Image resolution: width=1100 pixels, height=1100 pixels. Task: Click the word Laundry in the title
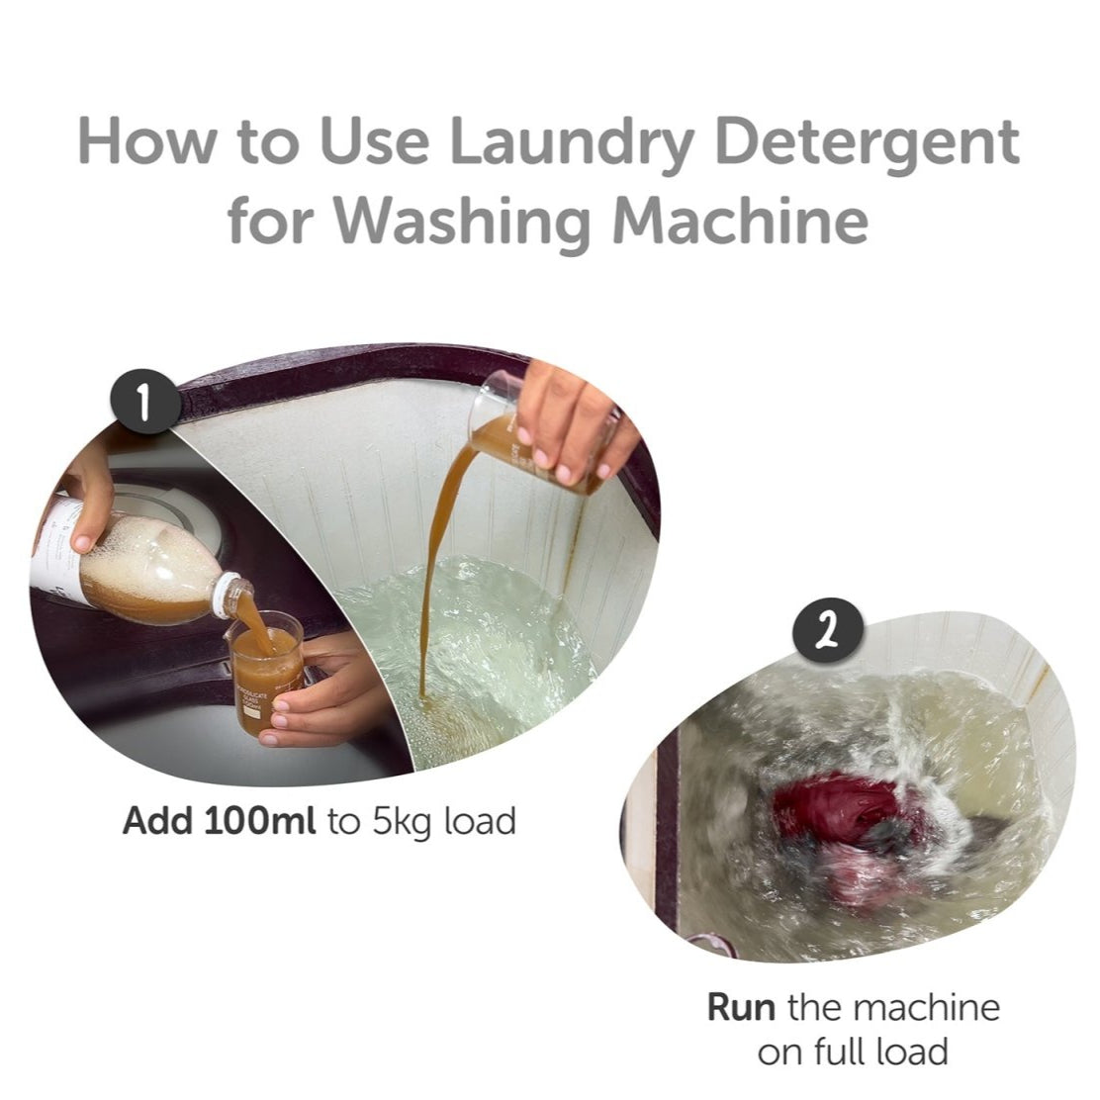[575, 142]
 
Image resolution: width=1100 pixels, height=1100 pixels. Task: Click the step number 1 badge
[145, 403]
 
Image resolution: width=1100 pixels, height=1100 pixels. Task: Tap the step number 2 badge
[828, 631]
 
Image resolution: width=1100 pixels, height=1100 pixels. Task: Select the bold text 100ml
[259, 820]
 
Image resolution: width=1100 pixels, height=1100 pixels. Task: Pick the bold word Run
[742, 1007]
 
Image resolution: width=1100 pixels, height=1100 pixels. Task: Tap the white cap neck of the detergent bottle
[231, 596]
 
